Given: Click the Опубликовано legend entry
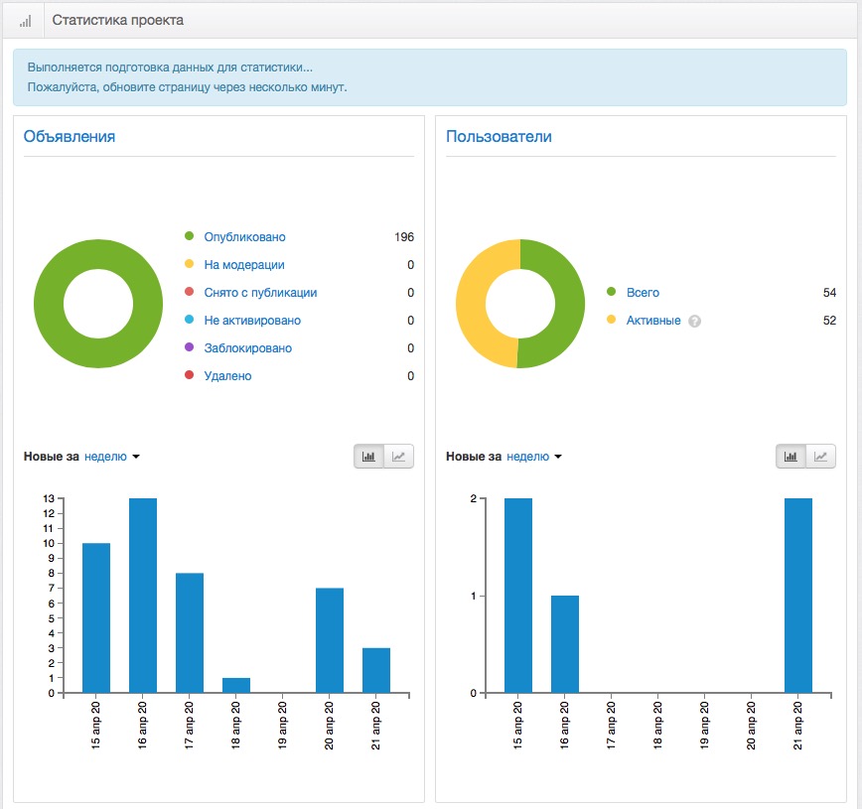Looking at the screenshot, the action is (244, 237).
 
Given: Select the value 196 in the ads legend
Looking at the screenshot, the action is (404, 237).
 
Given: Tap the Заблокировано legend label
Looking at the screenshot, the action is (248, 347).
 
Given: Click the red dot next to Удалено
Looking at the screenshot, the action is (189, 375).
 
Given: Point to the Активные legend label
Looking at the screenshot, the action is (653, 321).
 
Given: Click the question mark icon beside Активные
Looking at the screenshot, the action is (695, 321).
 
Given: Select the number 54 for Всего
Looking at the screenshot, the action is (829, 293).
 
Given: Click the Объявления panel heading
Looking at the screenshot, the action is (70, 136).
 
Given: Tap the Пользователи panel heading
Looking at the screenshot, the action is (499, 136).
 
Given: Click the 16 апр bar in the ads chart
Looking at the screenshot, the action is (143, 596).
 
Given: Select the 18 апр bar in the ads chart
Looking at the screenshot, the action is (236, 685).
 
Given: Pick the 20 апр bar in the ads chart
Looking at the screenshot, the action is (330, 640).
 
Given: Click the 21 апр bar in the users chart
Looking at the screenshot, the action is (798, 596).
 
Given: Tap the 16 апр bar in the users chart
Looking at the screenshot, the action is (565, 644).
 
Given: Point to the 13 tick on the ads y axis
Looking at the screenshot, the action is (49, 498).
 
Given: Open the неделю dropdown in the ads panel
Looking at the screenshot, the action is (111, 457).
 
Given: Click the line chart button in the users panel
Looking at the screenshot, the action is (820, 457).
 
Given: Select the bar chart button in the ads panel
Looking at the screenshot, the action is (368, 457).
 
